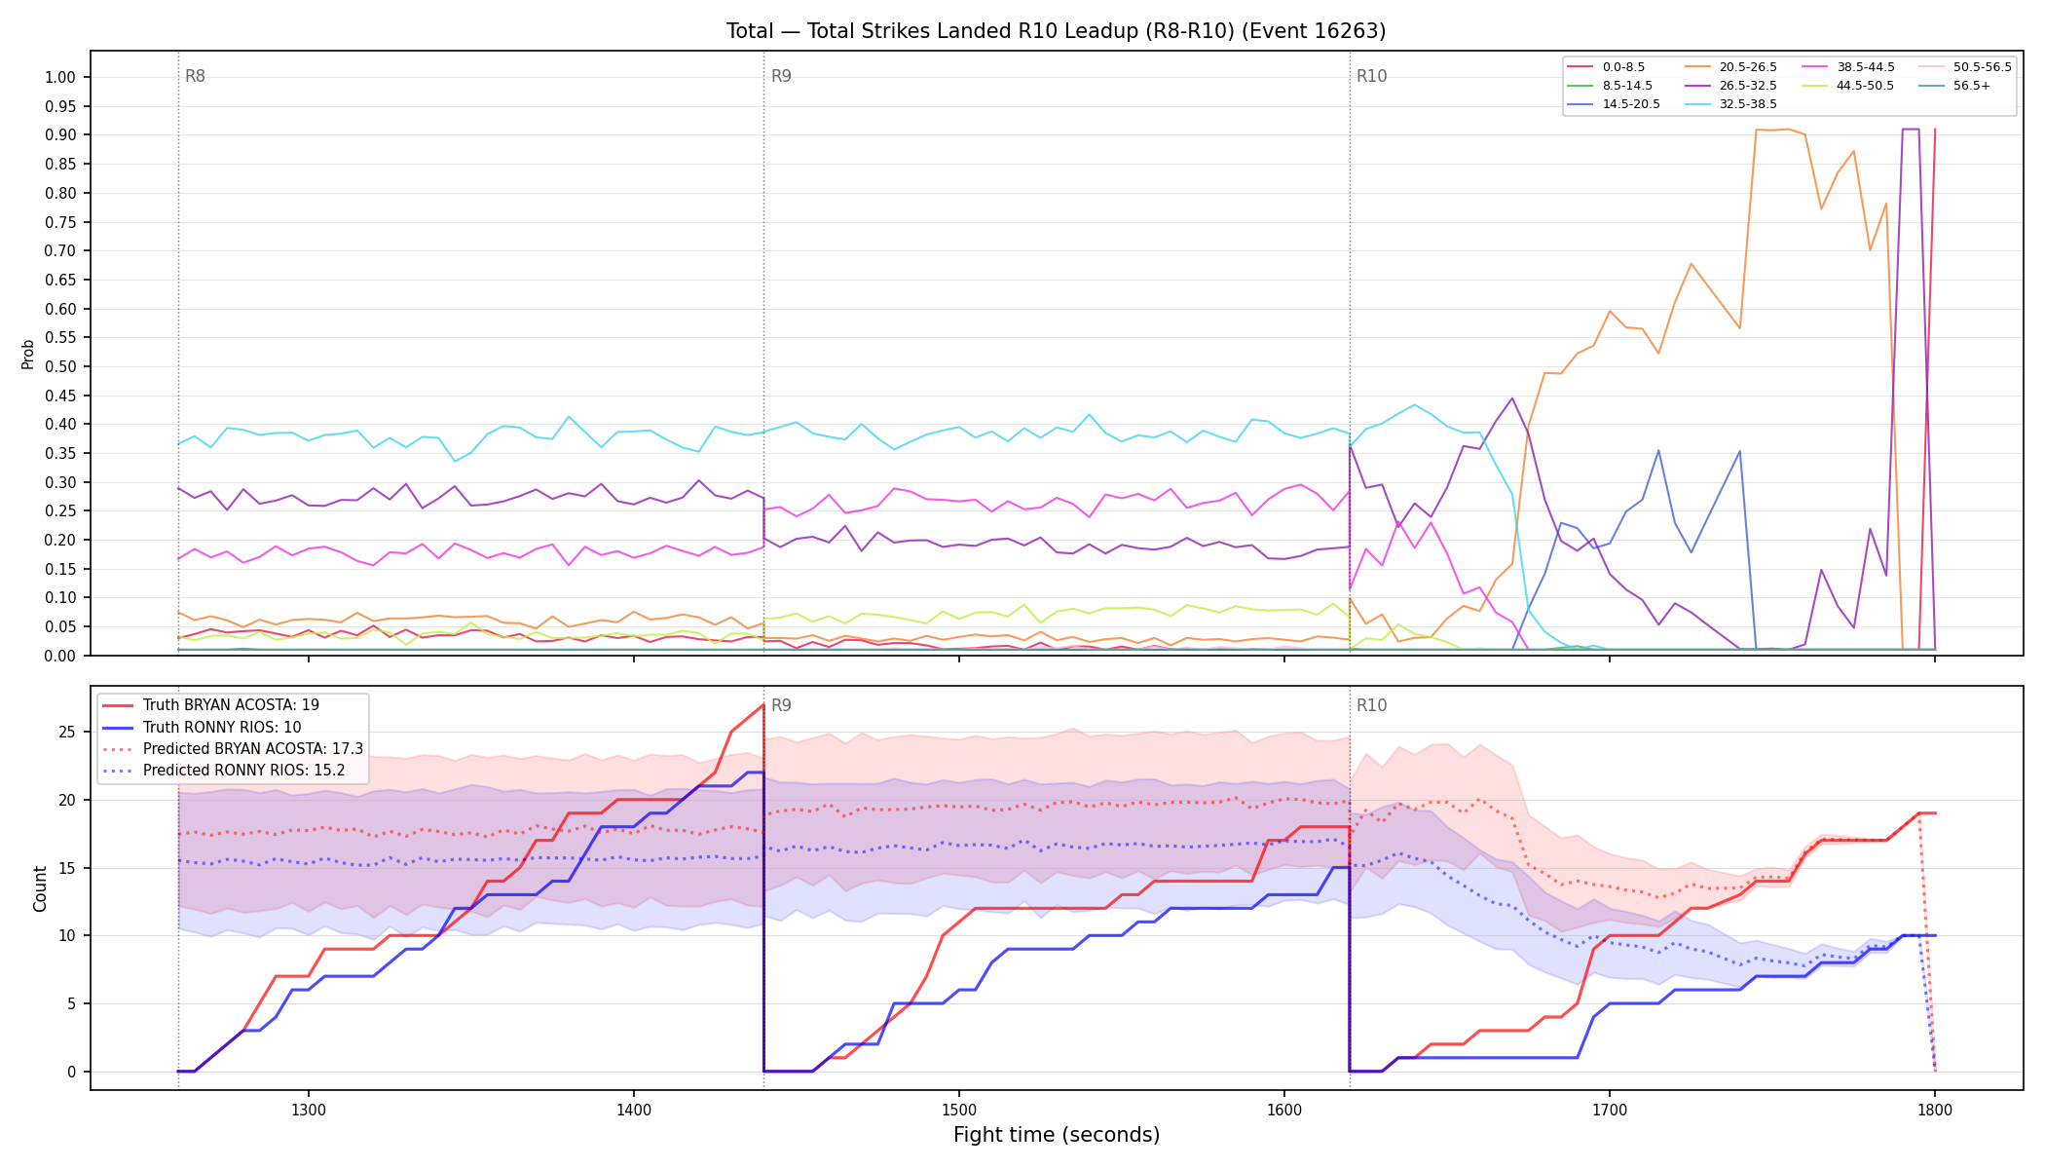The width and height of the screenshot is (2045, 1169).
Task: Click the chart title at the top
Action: point(1056,31)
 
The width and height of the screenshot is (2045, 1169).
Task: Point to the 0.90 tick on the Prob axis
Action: point(60,134)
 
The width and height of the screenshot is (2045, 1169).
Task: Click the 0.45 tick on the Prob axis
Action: point(60,396)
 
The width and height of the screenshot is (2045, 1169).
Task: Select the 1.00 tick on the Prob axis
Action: point(60,77)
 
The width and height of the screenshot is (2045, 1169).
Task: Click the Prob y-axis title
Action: point(27,354)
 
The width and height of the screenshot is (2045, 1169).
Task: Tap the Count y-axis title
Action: point(40,888)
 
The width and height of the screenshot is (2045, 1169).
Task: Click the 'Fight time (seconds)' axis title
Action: point(1057,1135)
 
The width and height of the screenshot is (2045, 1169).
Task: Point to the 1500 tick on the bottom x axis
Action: point(959,1109)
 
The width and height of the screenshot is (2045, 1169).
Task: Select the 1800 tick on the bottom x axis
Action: point(1935,1109)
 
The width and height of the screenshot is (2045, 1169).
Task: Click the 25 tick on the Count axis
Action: point(68,732)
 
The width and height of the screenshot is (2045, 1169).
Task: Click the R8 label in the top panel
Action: point(195,76)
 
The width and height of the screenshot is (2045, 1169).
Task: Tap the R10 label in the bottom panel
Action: point(1371,705)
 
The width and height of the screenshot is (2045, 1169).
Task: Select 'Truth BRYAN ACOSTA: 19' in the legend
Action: point(231,705)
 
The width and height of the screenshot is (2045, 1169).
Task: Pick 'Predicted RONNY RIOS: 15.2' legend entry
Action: point(243,771)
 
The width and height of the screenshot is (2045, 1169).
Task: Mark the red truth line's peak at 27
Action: point(762,704)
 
